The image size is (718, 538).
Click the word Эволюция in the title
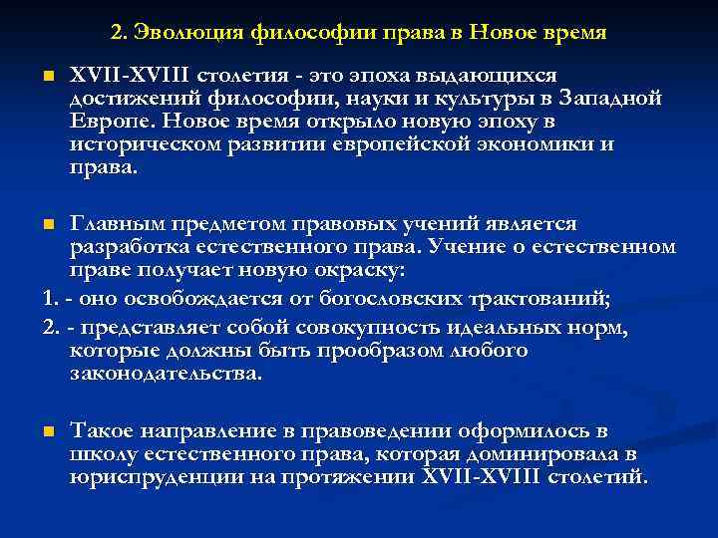(x=183, y=34)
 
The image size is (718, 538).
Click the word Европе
(x=103, y=121)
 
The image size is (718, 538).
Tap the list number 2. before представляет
(x=50, y=329)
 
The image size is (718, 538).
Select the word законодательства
(x=165, y=374)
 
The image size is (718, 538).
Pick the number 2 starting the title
(x=118, y=34)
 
